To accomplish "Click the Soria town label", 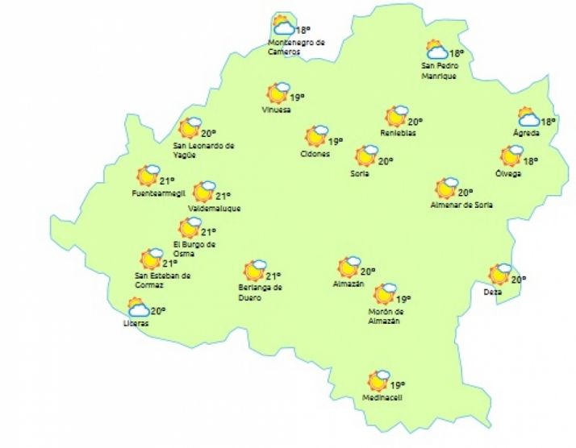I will [x=360, y=173].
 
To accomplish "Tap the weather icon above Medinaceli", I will [x=378, y=380].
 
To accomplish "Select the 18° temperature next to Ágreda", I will [x=549, y=122].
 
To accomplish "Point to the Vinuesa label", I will [x=276, y=110].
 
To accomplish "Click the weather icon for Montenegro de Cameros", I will [x=282, y=26].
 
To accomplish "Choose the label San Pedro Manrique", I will [x=439, y=71].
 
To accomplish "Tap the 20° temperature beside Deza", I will [x=518, y=280].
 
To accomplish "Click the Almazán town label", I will [x=349, y=284].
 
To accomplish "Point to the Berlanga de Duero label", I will [x=260, y=291].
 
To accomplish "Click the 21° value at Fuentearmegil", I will [x=167, y=180].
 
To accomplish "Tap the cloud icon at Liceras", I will [x=138, y=307].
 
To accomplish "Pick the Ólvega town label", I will [x=509, y=173].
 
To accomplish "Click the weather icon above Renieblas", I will [x=396, y=116].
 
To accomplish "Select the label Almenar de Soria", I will [x=461, y=205].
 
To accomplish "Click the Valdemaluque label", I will [x=214, y=209].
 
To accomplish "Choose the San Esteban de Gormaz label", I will [x=162, y=280].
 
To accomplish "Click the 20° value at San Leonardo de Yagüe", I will [x=209, y=133].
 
